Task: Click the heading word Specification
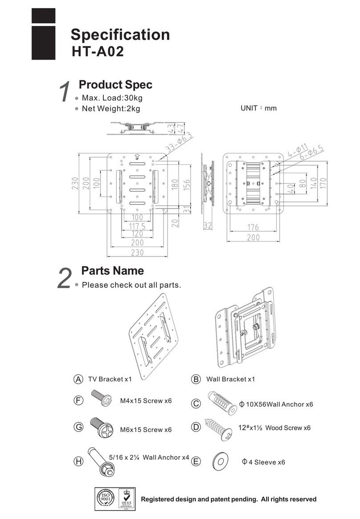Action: pyautogui.click(x=120, y=35)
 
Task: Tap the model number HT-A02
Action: pyautogui.click(x=98, y=52)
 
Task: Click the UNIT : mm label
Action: pyautogui.click(x=258, y=108)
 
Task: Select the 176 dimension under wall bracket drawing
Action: pyautogui.click(x=253, y=228)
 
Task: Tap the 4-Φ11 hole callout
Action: pyautogui.click(x=298, y=150)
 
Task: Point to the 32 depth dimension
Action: pyautogui.click(x=207, y=226)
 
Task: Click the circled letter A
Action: pyautogui.click(x=78, y=379)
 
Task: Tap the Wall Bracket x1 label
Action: pyautogui.click(x=230, y=379)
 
